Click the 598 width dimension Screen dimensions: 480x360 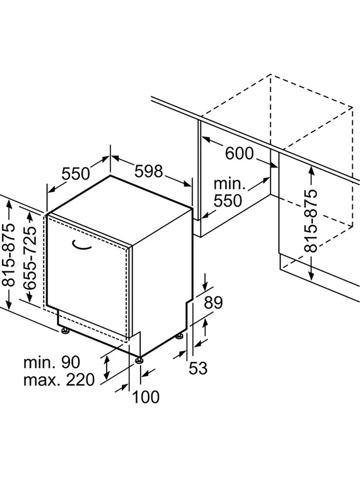[148, 172]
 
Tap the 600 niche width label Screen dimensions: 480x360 [239, 153]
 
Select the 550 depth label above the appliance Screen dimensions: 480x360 [76, 174]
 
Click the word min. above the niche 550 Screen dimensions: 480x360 [230, 184]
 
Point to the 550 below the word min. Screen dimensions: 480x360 [228, 201]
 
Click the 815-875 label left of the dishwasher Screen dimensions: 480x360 [8, 255]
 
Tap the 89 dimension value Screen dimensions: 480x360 [213, 303]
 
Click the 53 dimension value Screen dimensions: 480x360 [198, 368]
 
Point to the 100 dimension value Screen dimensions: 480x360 [146, 397]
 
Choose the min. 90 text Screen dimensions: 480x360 [52, 362]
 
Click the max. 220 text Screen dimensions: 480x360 [59, 380]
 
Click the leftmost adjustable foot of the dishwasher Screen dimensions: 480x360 [65, 331]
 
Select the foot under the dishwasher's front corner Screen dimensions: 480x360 [139, 361]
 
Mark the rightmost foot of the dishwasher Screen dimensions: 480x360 [180, 336]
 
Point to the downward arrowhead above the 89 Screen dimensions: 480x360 [205, 285]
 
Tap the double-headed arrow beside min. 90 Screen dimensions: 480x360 [106, 368]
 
